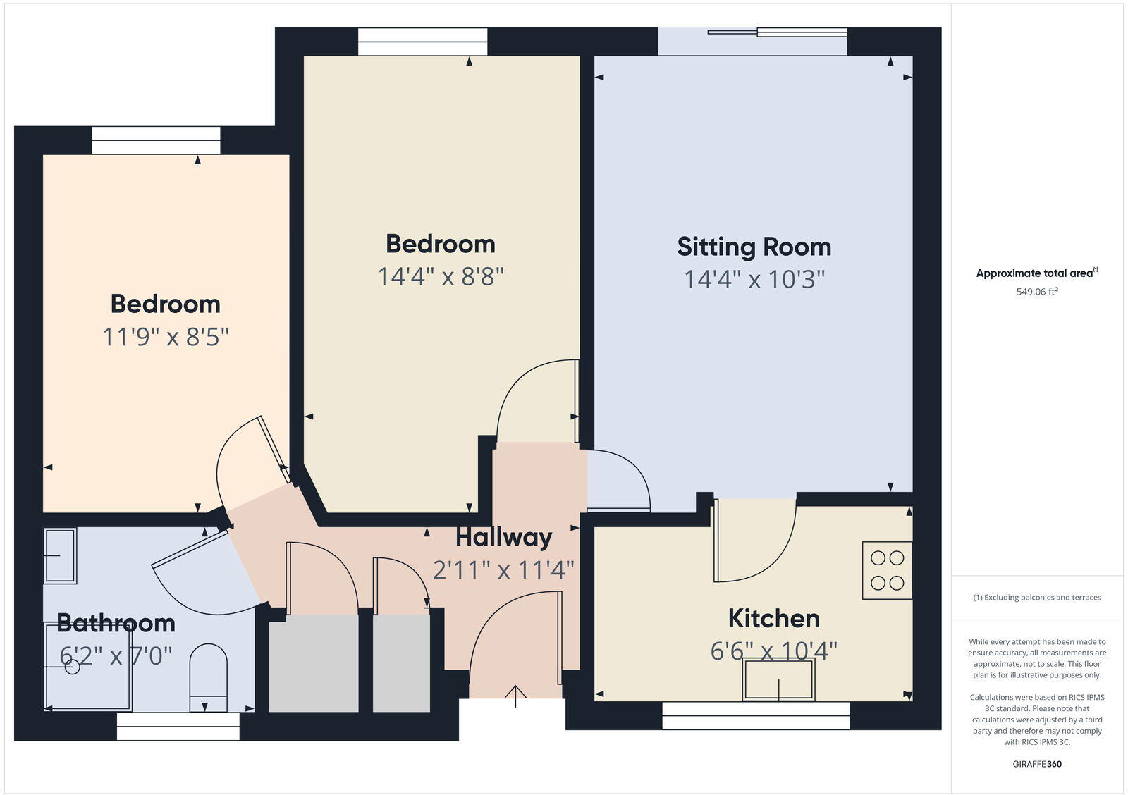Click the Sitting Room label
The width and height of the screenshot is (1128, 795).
click(754, 247)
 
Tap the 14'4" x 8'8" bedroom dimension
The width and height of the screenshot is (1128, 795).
click(441, 277)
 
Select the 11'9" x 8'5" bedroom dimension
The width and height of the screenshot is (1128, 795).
click(166, 338)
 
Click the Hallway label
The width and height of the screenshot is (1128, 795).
click(503, 538)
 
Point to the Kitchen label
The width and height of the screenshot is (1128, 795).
click(773, 619)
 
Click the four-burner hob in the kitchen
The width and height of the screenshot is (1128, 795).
click(887, 570)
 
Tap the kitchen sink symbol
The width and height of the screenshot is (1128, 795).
click(778, 679)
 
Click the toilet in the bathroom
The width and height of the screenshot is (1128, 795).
click(209, 677)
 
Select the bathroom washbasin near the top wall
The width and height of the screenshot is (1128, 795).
click(60, 556)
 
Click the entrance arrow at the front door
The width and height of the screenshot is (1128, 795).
click(516, 696)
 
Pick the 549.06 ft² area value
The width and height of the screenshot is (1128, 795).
click(1036, 292)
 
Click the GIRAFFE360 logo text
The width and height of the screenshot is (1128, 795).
click(1036, 764)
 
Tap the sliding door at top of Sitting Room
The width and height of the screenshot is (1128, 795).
click(777, 32)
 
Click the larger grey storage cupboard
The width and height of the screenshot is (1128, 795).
click(314, 663)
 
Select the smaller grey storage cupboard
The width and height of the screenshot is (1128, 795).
click(401, 663)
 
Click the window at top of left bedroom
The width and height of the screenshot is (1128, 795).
click(156, 140)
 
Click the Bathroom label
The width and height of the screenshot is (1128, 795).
click(116, 623)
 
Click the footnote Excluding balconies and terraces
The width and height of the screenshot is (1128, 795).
click(1036, 598)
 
